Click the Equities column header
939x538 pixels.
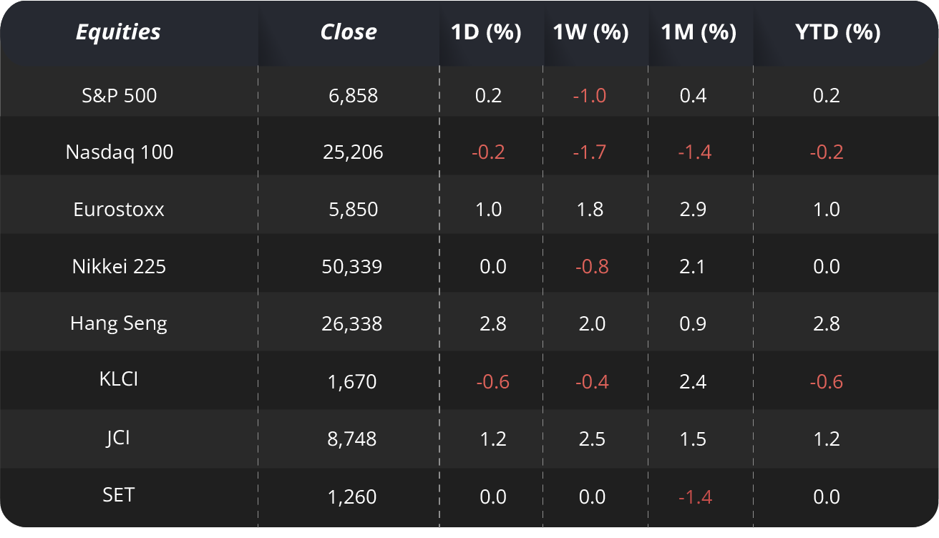click(x=118, y=32)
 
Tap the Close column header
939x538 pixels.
click(x=349, y=32)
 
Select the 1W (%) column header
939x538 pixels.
click(x=591, y=32)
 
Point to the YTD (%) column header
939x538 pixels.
click(x=827, y=32)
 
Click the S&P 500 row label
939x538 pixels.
click(x=119, y=95)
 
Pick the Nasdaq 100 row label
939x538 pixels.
click(x=120, y=152)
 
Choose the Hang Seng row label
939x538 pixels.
click(x=119, y=323)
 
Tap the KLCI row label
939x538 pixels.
click(x=119, y=378)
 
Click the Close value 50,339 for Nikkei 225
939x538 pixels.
click(x=352, y=267)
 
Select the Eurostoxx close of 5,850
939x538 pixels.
click(x=352, y=210)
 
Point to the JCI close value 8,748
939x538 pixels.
click(x=352, y=439)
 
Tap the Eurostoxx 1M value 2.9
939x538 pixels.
click(x=694, y=210)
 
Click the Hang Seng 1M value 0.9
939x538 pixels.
click(x=694, y=324)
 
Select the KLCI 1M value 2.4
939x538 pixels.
click(x=694, y=381)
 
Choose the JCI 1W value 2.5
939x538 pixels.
click(x=592, y=439)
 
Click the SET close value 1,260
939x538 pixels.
click(x=352, y=497)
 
